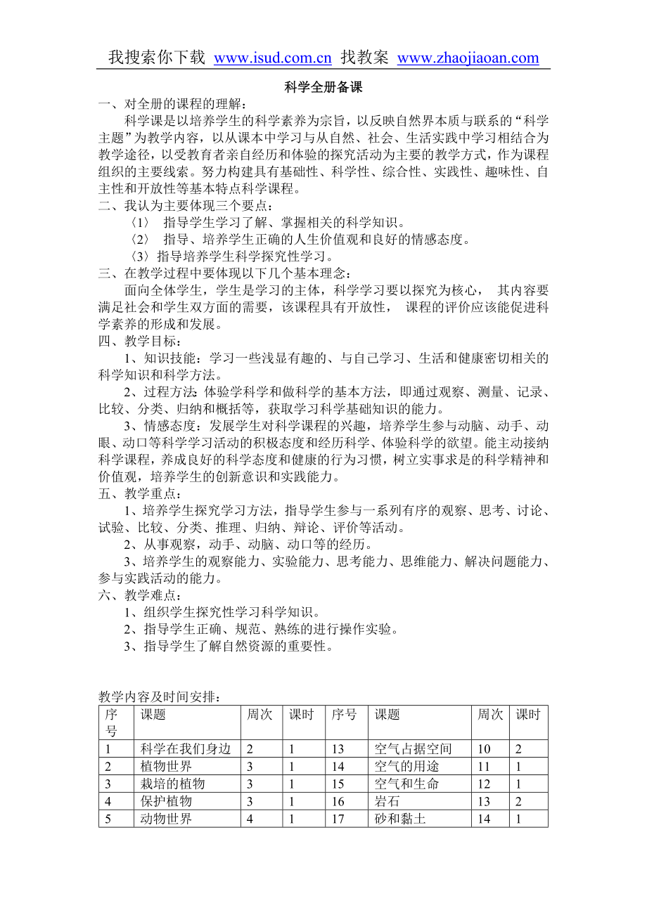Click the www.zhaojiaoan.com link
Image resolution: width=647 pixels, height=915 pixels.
click(x=468, y=58)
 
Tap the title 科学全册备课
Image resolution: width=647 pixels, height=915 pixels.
click(x=323, y=88)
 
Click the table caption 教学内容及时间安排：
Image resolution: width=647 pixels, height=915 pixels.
click(x=161, y=696)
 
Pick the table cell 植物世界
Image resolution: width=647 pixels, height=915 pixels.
click(x=166, y=766)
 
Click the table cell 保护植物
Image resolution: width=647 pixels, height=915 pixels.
click(x=166, y=801)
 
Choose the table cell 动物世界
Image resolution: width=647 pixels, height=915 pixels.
click(x=166, y=819)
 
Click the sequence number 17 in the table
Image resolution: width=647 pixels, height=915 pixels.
click(x=338, y=819)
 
